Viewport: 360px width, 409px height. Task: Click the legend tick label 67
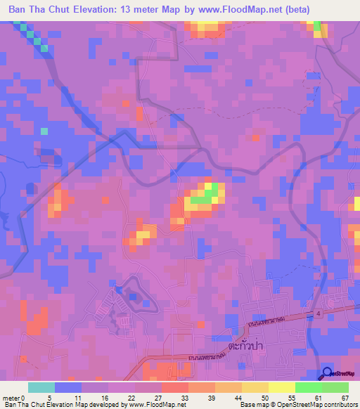(345, 397)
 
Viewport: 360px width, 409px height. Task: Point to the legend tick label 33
(184, 397)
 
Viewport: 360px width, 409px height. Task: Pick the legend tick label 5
(49, 397)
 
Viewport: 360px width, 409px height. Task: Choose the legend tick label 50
(264, 397)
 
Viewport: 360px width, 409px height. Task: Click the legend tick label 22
(130, 397)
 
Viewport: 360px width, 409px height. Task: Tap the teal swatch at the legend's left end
(41, 387)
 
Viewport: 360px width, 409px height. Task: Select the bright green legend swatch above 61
(309, 387)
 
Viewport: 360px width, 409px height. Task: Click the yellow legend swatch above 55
(282, 387)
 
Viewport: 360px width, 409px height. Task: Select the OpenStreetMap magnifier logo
(326, 373)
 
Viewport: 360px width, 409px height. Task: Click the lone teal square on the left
(44, 131)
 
